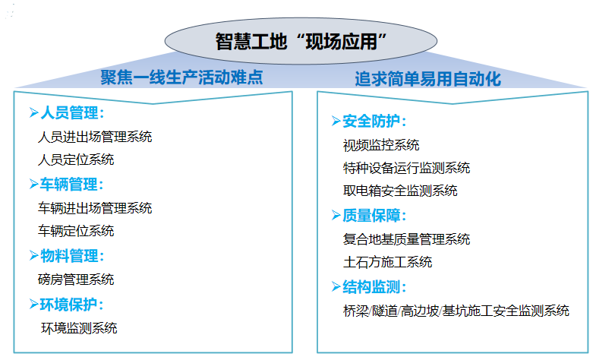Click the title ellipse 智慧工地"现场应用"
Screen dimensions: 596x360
pyautogui.click(x=301, y=41)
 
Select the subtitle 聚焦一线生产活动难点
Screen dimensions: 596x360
pyautogui.click(x=181, y=77)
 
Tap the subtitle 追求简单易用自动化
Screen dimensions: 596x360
pyautogui.click(x=427, y=79)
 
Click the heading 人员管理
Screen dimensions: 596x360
pyautogui.click(x=72, y=113)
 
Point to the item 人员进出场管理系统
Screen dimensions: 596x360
pyautogui.click(x=95, y=137)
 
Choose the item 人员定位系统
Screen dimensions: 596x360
pyautogui.click(x=76, y=159)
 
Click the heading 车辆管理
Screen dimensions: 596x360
pyautogui.click(x=72, y=185)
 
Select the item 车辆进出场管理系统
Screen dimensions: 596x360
pyautogui.click(x=95, y=208)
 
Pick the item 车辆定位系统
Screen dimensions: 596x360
pyautogui.click(x=76, y=231)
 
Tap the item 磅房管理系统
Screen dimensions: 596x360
pyautogui.click(x=76, y=279)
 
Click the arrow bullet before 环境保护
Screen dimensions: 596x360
pyautogui.click(x=34, y=304)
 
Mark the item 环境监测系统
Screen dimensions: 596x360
pyautogui.click(x=79, y=328)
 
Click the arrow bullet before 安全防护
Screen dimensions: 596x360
pyautogui.click(x=336, y=121)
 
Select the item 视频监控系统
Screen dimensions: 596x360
pyautogui.click(x=381, y=145)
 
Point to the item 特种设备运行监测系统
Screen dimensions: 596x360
pyautogui.click(x=407, y=168)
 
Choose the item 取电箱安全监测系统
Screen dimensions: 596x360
pyautogui.click(x=400, y=191)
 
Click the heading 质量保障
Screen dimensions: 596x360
pyautogui.click(x=374, y=216)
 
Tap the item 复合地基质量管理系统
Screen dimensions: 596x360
pyautogui.click(x=407, y=239)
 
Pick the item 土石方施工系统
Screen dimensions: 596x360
pyautogui.click(x=388, y=262)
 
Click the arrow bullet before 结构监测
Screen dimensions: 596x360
pyautogui.click(x=336, y=286)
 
